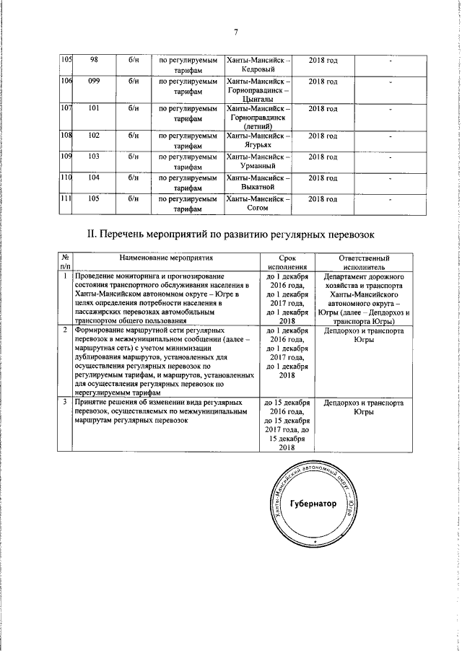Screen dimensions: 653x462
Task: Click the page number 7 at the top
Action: pos(235,32)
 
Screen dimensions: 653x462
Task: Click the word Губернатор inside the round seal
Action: pos(313,504)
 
